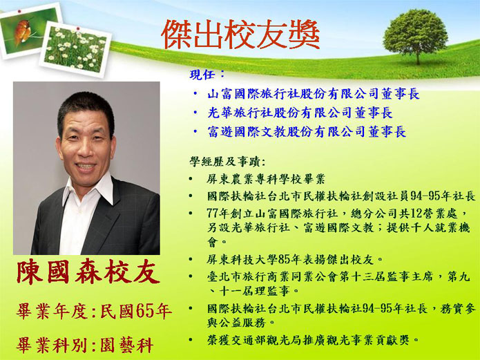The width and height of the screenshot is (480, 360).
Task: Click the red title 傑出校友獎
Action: coord(240,35)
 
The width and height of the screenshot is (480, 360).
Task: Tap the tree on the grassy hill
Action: coord(416,35)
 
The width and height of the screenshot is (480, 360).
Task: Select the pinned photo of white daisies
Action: coord(75,49)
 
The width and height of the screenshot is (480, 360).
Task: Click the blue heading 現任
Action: coord(203,75)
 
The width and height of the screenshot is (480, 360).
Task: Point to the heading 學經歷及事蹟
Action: coord(228,161)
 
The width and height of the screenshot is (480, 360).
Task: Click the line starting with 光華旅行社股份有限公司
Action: coord(300,113)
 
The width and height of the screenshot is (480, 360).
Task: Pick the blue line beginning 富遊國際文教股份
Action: coord(307,132)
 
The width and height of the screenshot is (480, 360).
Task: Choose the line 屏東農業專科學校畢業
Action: coord(266,179)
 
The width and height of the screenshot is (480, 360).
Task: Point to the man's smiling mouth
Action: coord(86,167)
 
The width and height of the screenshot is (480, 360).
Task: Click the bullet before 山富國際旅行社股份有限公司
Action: coord(195,93)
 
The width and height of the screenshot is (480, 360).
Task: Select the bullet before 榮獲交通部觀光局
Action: coord(191,339)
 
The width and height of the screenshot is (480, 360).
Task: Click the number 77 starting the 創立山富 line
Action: coord(213,214)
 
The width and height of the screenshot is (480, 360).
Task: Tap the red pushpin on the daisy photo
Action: coord(78,29)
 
